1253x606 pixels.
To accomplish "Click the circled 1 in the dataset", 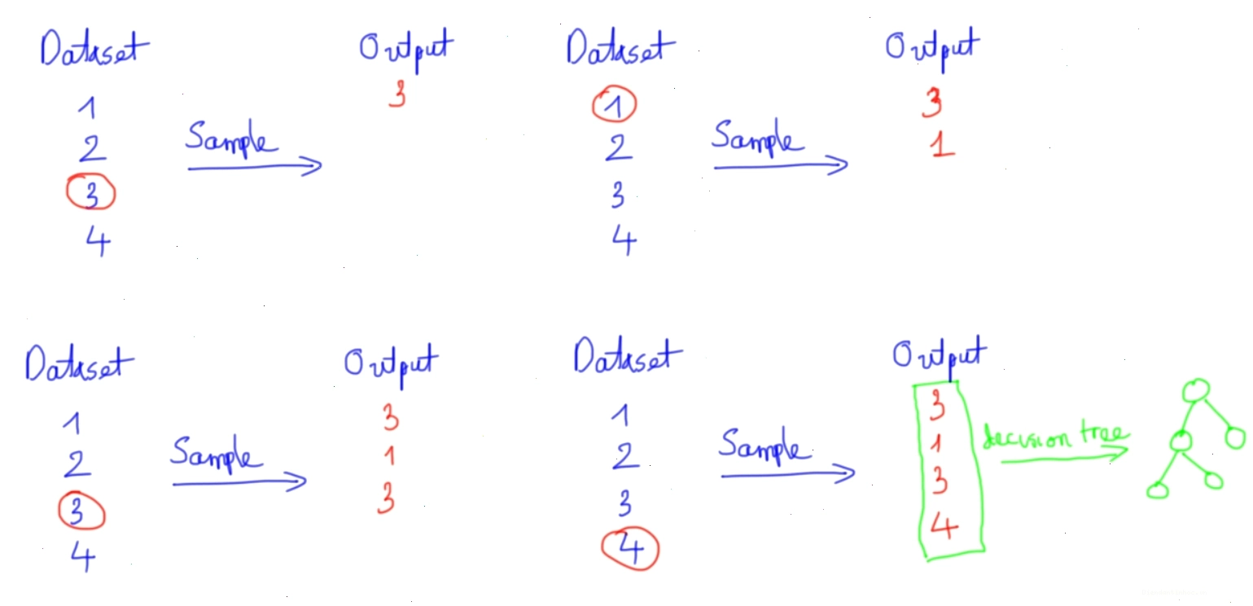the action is tap(614, 104).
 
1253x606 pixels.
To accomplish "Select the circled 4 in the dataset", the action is tap(630, 548).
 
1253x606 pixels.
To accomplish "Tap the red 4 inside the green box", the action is tap(944, 526).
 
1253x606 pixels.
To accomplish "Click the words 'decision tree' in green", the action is tap(1055, 436).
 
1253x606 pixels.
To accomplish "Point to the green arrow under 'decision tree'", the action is tap(1064, 459).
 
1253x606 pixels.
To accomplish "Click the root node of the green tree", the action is tap(1196, 391).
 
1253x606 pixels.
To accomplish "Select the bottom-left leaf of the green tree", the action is tap(1158, 490).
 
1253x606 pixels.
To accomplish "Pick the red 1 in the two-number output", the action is tap(942, 144).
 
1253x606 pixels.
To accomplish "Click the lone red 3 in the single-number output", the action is tap(397, 94).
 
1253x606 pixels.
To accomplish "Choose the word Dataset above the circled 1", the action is tap(621, 46).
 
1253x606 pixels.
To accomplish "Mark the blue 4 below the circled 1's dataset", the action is tap(624, 239).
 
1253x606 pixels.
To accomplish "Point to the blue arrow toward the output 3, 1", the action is tap(781, 165).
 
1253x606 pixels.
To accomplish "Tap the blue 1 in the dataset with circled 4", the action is tap(620, 415).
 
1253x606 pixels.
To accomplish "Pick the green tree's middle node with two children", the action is tap(1181, 441).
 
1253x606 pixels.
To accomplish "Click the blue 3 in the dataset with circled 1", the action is tap(618, 194).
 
